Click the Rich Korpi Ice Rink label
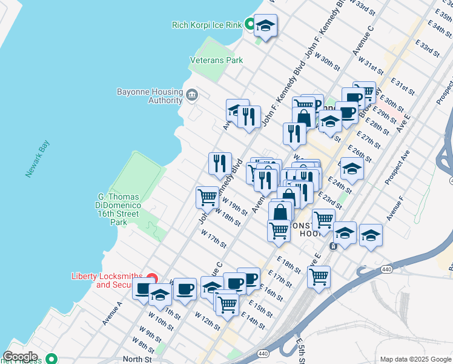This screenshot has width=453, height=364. pos(207,25)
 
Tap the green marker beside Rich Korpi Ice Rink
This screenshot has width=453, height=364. pos(250,25)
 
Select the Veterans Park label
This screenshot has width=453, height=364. pos(216,60)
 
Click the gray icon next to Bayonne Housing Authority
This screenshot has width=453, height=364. pos(192,94)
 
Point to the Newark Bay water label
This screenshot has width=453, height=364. pos(37,159)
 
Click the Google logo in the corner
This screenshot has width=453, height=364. pos(21,357)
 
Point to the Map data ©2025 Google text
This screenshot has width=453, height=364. pos(414,359)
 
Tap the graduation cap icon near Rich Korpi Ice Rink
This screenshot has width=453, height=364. pos(265,25)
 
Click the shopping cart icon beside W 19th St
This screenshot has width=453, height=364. pos(207,197)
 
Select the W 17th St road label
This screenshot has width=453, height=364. pos(213,239)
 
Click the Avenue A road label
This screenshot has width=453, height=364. pos(113,311)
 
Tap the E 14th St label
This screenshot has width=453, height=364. pos(253,321)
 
